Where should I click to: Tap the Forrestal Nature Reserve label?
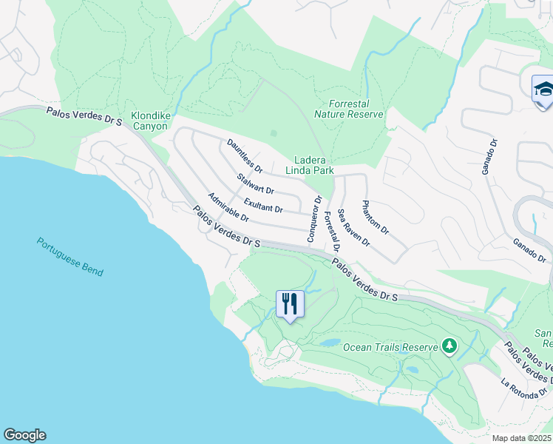click(x=349, y=110)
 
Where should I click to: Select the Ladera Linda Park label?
click(x=314, y=165)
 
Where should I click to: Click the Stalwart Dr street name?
click(x=256, y=185)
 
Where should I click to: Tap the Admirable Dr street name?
click(x=228, y=208)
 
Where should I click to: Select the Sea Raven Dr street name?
click(x=353, y=227)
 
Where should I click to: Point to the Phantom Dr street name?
click(x=376, y=218)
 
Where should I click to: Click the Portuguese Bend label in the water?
click(x=70, y=257)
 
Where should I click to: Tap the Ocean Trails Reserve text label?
click(x=390, y=346)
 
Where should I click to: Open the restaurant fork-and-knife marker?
click(x=290, y=304)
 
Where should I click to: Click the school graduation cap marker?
click(x=543, y=90)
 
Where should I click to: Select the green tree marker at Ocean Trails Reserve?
click(x=449, y=346)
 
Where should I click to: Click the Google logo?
click(x=24, y=435)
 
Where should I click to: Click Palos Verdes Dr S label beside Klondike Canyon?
click(x=83, y=115)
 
